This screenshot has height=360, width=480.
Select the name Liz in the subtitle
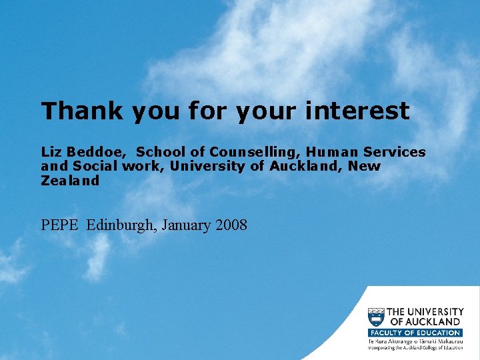[51, 152]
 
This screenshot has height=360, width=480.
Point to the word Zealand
[70, 180]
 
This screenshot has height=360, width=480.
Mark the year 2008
[231, 225]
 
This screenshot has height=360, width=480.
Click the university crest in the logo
[376, 317]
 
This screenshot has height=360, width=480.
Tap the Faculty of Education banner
[415, 333]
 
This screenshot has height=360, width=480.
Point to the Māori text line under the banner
[415, 341]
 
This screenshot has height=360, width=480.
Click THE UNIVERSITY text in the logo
[425, 311]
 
